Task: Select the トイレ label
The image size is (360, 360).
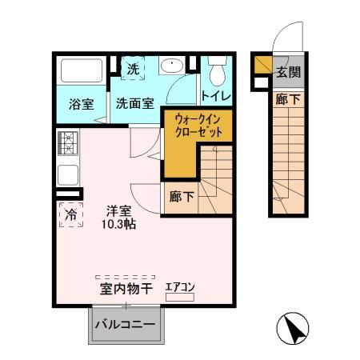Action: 216,97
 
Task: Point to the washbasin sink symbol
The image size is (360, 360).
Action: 172,67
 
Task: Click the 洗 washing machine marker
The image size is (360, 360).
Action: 134,70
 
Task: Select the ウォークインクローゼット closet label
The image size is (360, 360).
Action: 198,126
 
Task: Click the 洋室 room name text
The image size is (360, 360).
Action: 120,211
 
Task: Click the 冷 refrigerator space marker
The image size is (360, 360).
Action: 70,214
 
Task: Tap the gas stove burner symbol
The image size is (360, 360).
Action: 66,144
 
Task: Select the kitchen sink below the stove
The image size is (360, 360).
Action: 66,174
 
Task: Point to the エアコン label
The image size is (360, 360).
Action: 180,287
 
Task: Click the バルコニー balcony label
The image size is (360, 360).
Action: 126,326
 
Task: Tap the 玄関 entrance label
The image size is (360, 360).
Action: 289,72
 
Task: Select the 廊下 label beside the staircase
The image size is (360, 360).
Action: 182,194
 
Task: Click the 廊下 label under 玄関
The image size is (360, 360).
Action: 289,100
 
